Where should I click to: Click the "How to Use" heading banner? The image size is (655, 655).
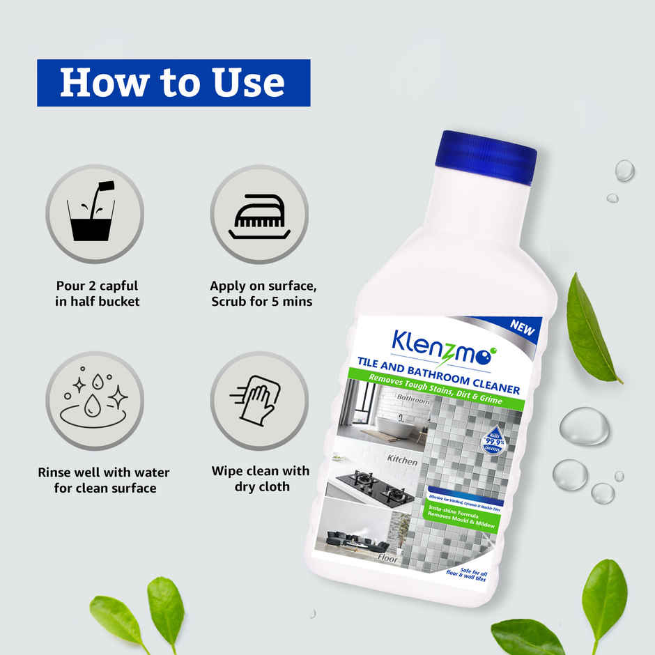[x=173, y=82]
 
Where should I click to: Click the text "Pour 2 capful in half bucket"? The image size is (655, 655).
[x=98, y=293]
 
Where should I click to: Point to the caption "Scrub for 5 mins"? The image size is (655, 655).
[x=261, y=302]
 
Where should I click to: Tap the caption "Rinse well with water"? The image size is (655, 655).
[x=103, y=472]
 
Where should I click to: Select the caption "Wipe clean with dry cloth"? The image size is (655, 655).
[x=261, y=479]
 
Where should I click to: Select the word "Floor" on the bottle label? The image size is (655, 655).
[x=387, y=557]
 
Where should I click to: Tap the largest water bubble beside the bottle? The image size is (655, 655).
[x=585, y=426]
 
